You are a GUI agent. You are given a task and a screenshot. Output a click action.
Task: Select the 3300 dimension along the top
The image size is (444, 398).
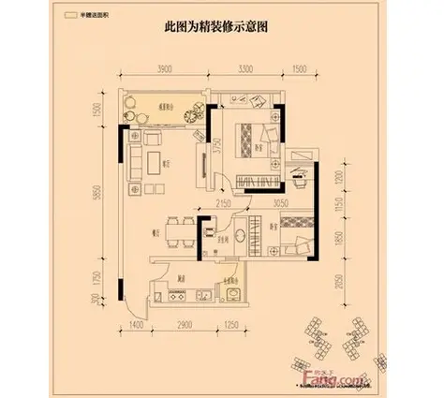[246, 70]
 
